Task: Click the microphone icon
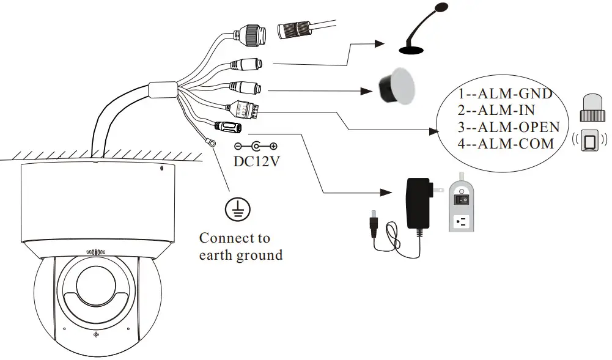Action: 422,31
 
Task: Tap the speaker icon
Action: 396,86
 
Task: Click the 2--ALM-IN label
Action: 496,111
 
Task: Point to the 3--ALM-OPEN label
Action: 509,127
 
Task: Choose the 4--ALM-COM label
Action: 506,144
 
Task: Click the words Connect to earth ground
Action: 240,246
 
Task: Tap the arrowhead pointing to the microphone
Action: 379,43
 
